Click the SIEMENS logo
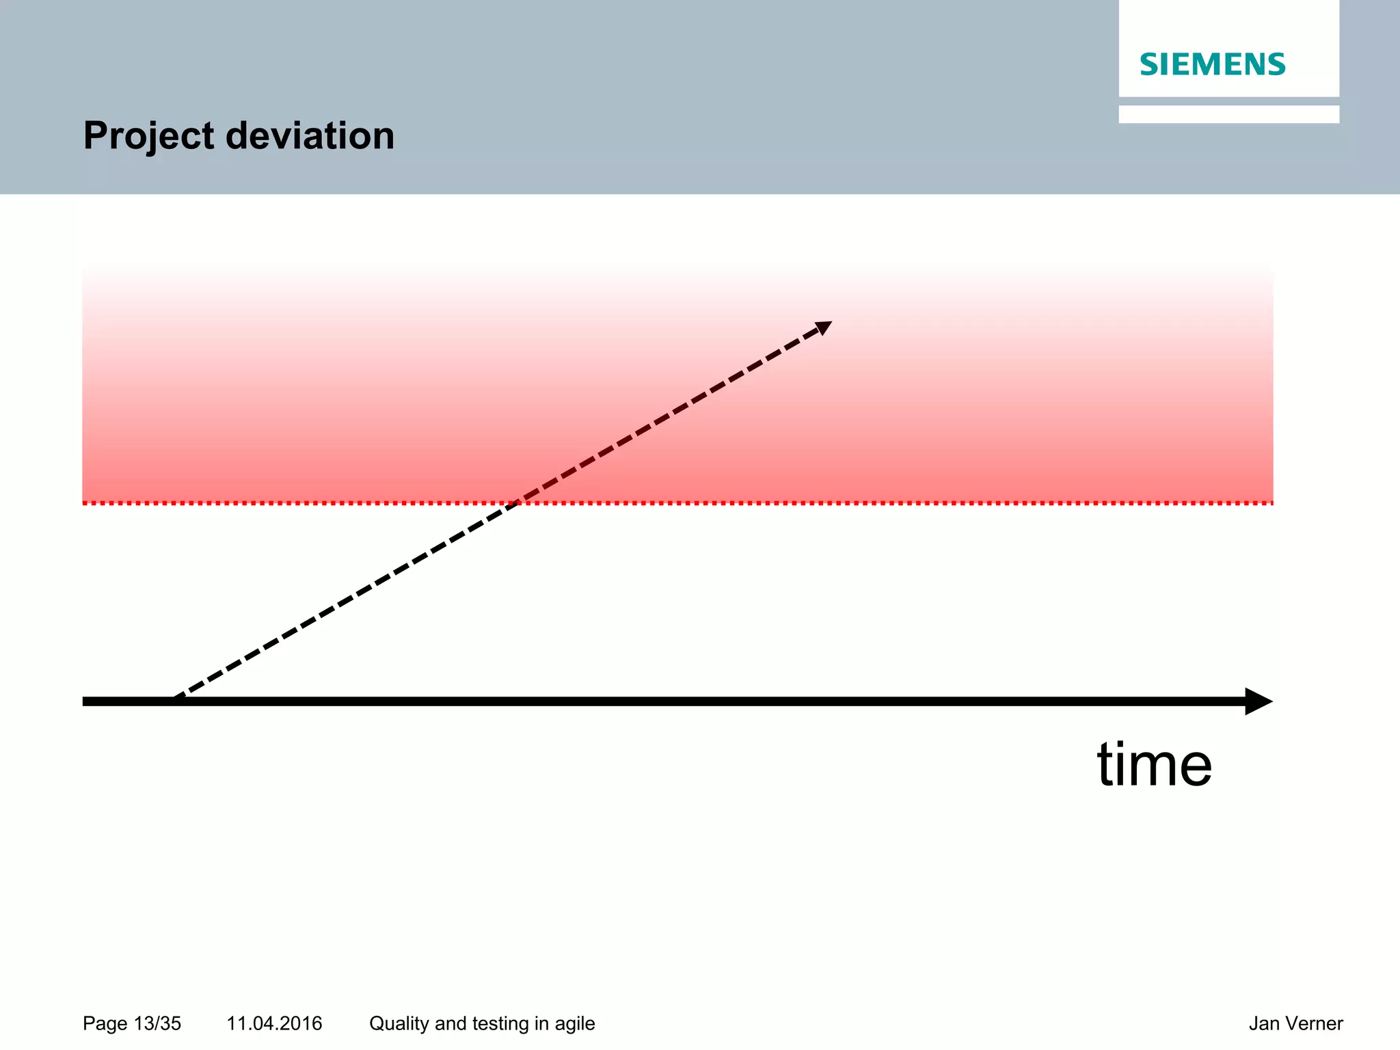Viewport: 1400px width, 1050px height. click(x=1212, y=64)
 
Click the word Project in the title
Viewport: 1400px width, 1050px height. click(x=148, y=136)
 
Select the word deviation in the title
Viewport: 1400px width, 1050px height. click(x=310, y=135)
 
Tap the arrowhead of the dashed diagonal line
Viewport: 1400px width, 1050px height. click(x=824, y=327)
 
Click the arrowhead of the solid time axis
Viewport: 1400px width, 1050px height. click(x=1258, y=701)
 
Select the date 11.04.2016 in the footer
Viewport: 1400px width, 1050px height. click(x=274, y=1023)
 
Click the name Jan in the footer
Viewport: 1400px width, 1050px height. click(x=1262, y=1023)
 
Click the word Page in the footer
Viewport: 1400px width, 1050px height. click(x=105, y=1024)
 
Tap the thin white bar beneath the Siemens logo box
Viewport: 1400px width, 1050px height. click(x=1228, y=114)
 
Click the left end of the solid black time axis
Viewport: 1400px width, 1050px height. click(x=85, y=701)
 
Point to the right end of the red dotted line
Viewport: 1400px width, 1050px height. click(x=1271, y=503)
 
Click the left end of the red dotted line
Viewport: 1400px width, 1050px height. click(x=85, y=503)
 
